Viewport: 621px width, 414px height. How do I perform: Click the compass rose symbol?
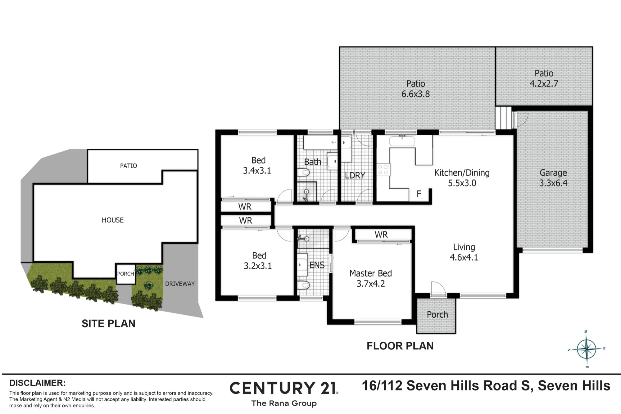click(x=586, y=349)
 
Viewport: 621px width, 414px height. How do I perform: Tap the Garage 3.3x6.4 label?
click(x=553, y=178)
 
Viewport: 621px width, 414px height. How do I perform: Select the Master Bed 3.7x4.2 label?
click(x=370, y=278)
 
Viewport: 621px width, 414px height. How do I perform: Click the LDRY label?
click(x=355, y=175)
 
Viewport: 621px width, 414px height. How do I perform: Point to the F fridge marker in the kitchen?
click(x=419, y=194)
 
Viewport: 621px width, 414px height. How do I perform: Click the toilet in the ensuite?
click(x=303, y=285)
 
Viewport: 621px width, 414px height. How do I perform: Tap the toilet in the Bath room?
click(x=303, y=172)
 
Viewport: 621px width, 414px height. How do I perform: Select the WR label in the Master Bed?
click(x=381, y=235)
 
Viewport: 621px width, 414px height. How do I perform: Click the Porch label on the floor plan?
click(x=437, y=315)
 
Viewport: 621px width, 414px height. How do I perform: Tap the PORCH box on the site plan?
click(x=126, y=274)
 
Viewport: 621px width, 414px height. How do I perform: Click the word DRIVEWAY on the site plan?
click(x=180, y=284)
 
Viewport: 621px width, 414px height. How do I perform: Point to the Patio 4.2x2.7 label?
click(x=544, y=79)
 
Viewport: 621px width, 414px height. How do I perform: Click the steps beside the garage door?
click(x=503, y=118)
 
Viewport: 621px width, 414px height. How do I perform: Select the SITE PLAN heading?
click(x=108, y=323)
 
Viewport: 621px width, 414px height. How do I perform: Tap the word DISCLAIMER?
click(x=38, y=383)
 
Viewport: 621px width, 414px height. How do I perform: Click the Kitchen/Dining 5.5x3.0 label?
click(x=462, y=178)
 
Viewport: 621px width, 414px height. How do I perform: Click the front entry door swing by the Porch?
click(x=438, y=289)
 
